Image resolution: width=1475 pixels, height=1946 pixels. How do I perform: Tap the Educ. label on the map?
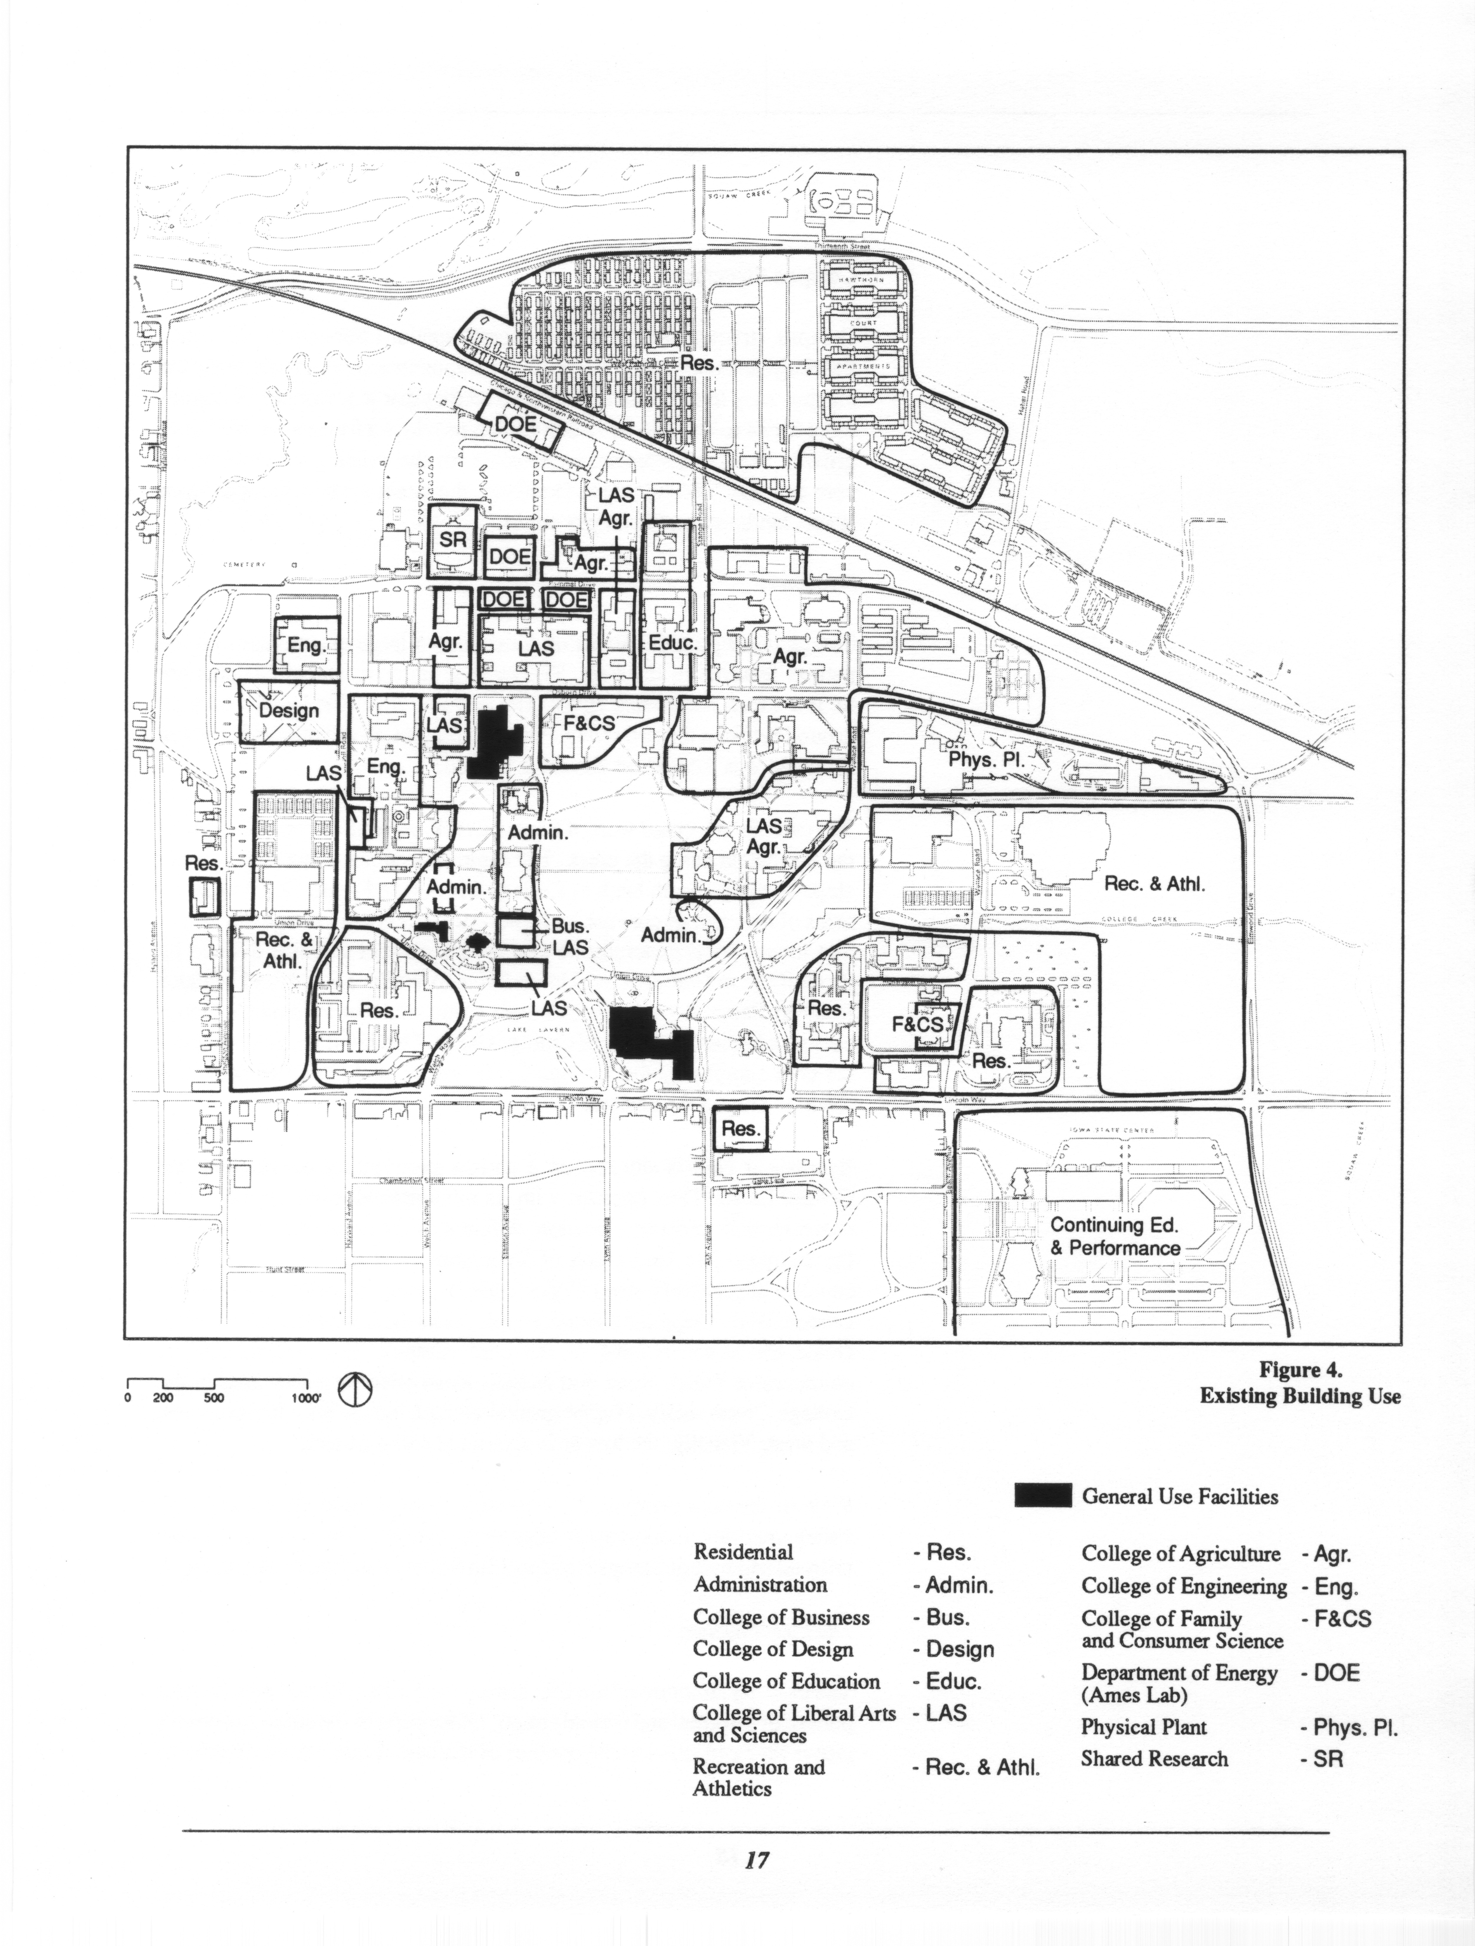[672, 643]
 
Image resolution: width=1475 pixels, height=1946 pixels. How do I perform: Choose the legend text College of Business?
[780, 1617]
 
